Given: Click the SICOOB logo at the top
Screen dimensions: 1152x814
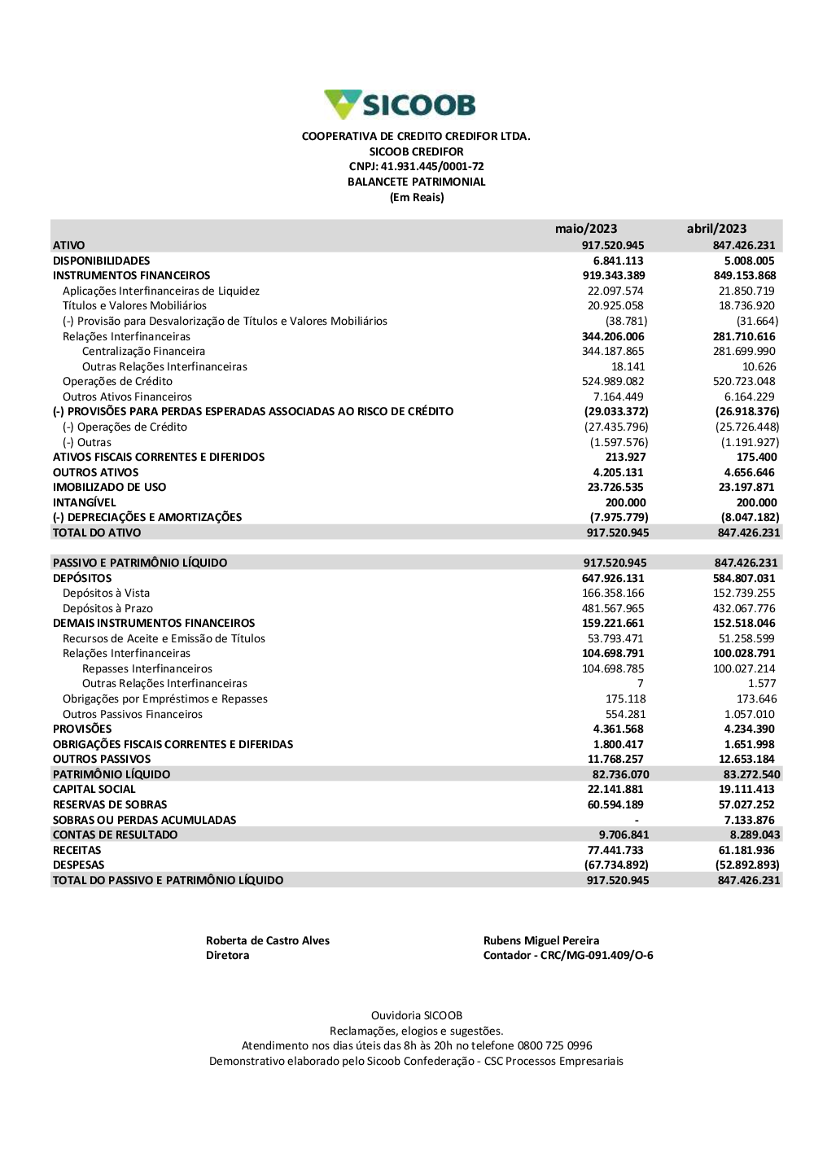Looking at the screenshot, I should [x=400, y=105].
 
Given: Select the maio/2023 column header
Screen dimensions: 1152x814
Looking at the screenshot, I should [x=586, y=229].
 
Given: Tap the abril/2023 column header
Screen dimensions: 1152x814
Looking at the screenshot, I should [x=716, y=229].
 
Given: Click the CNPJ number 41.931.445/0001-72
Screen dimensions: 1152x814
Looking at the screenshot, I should [x=432, y=167].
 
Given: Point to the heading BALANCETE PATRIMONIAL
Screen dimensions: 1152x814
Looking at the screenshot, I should [x=416, y=182].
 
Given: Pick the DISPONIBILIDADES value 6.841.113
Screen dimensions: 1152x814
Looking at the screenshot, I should [x=618, y=261].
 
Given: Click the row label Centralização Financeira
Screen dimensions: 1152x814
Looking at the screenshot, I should [x=143, y=352].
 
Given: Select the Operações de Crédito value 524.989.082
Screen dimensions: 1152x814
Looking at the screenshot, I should [x=613, y=382].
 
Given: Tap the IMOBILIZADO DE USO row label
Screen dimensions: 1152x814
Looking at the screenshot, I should [x=109, y=488].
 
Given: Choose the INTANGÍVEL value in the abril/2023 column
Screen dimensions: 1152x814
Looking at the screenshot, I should [x=756, y=503].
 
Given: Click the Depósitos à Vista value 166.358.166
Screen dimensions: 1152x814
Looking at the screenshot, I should [x=613, y=594].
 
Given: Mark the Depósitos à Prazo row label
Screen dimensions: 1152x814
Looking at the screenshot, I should [x=107, y=609].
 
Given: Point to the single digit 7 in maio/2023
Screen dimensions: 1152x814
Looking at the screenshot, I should [x=640, y=684].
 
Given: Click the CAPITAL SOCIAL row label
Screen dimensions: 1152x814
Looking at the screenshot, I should [x=94, y=790].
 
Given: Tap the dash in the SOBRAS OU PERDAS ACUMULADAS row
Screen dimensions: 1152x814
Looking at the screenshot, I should [x=637, y=821].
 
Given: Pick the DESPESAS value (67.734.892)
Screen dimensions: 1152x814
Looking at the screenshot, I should [x=616, y=865].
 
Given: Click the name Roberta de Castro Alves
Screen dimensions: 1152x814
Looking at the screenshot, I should [x=268, y=941].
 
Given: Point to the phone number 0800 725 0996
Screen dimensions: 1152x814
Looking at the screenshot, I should [x=554, y=1046].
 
